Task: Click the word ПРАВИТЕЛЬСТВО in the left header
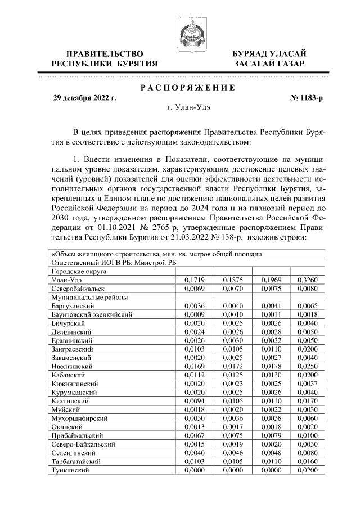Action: pos(101,53)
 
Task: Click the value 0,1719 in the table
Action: pos(194,280)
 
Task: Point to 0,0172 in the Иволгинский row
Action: pos(232,365)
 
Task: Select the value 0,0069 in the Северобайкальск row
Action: pos(194,288)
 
